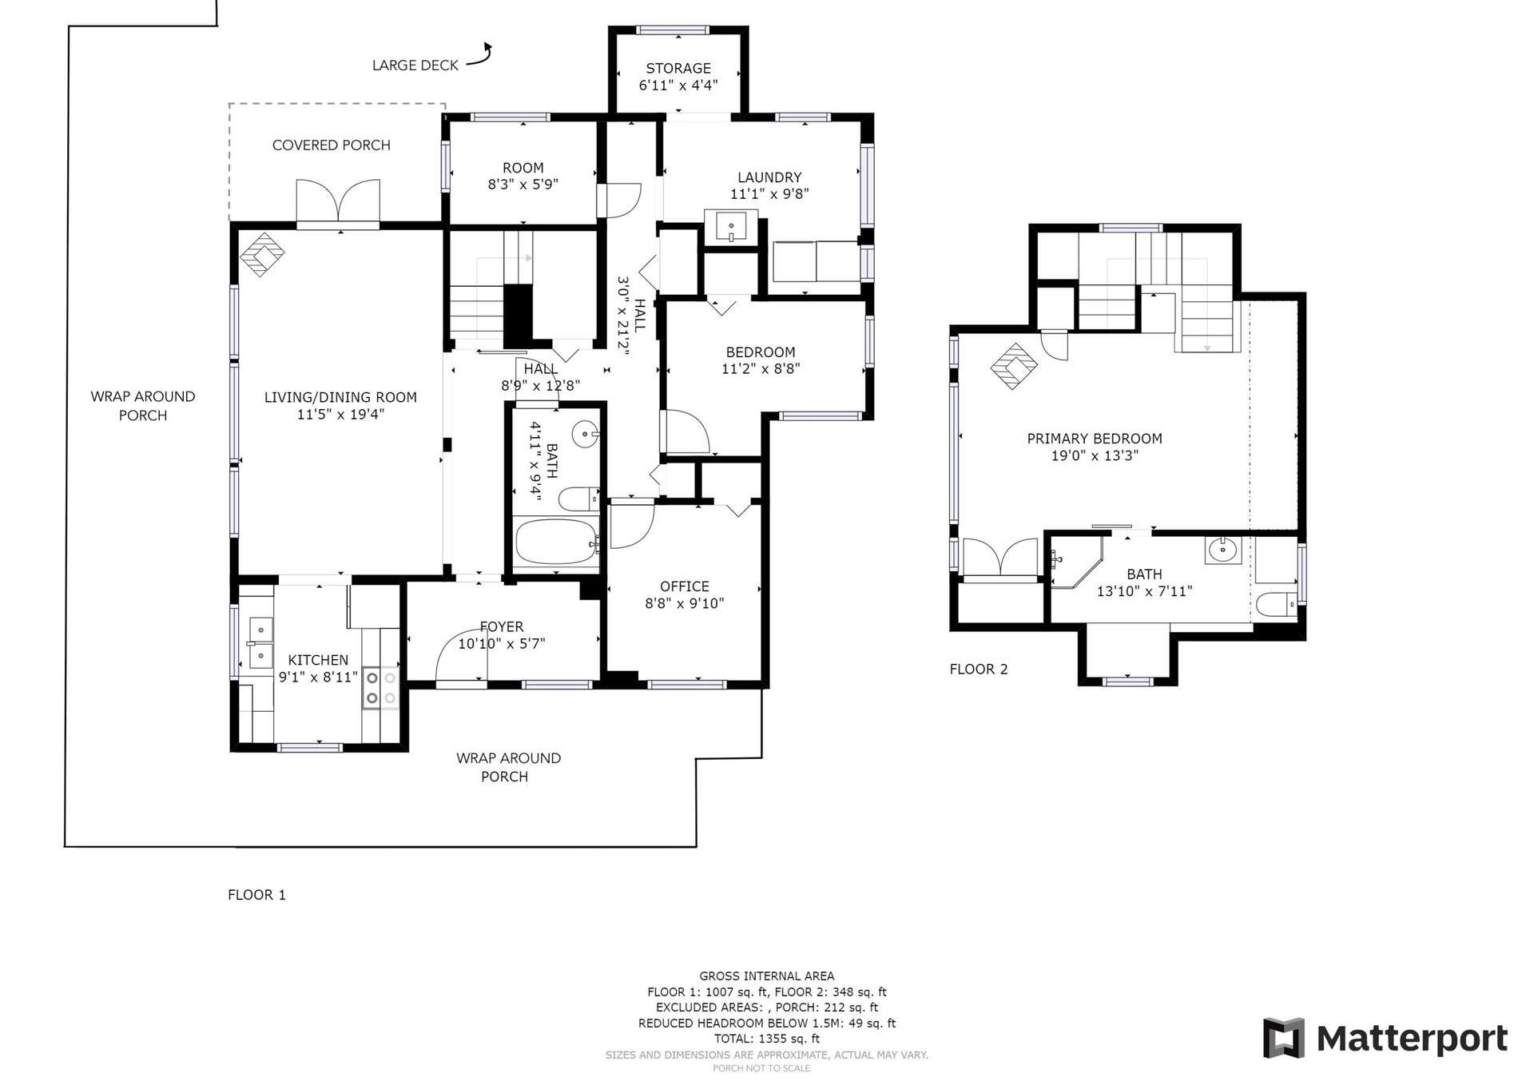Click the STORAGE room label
(678, 69)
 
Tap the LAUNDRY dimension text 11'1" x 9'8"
(769, 194)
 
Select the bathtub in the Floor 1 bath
(556, 542)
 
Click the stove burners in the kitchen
(381, 687)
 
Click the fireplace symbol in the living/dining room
(263, 254)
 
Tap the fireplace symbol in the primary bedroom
(1014, 366)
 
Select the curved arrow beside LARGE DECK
(479, 54)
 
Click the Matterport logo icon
(1283, 1038)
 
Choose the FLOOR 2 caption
(979, 670)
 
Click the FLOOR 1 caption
(256, 895)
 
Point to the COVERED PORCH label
(332, 145)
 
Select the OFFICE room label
(685, 586)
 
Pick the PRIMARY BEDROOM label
(1094, 439)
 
